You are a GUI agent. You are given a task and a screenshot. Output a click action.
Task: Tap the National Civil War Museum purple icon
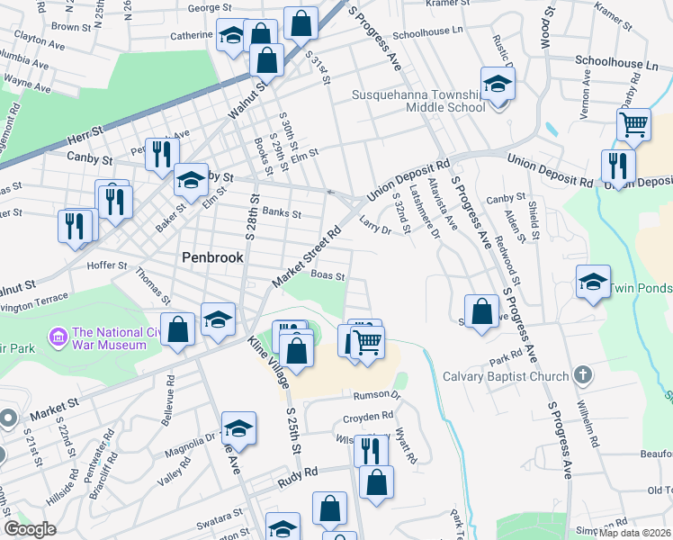click(59, 338)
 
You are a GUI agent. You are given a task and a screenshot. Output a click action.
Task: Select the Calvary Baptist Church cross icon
click(583, 375)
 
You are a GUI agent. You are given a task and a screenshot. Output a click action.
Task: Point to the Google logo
click(30, 528)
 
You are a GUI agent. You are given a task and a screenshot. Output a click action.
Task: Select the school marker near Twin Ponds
click(593, 281)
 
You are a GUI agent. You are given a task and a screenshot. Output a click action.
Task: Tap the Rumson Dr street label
click(376, 394)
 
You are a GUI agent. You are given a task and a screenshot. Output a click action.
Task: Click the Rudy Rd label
click(298, 472)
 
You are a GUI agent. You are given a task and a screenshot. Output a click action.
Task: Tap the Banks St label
click(282, 214)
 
